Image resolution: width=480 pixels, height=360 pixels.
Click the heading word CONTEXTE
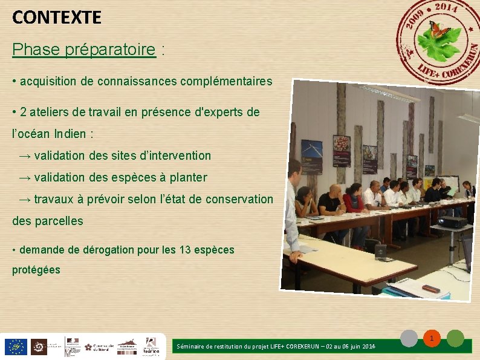pyautogui.click(x=57, y=18)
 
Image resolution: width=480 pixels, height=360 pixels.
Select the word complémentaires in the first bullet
pyautogui.click(x=226, y=81)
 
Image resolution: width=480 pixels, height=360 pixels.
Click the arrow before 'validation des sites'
pyautogui.click(x=25, y=156)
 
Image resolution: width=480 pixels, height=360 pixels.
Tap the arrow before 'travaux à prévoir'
pyautogui.click(x=25, y=200)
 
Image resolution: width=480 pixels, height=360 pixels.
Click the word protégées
pyautogui.click(x=36, y=270)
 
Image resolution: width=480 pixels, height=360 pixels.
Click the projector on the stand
pyautogui.click(x=452, y=221)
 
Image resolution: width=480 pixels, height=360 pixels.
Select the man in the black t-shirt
pyautogui.click(x=330, y=204)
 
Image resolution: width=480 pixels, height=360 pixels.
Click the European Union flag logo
pyautogui.click(x=15, y=347)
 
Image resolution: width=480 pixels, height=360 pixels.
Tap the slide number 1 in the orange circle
pyautogui.click(x=432, y=338)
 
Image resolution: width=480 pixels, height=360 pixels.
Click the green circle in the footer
pyautogui.click(x=455, y=338)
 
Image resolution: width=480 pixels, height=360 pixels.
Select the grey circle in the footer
pyautogui.click(x=410, y=338)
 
